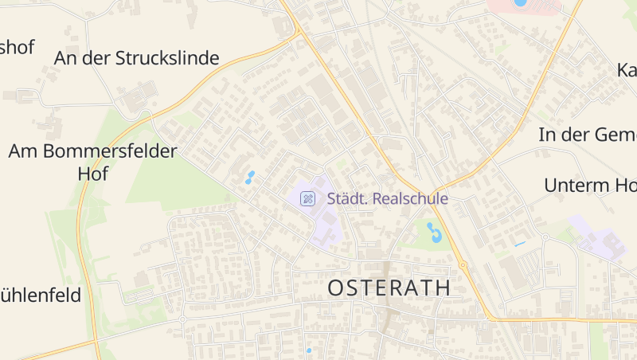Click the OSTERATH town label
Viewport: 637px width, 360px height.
pos(389,288)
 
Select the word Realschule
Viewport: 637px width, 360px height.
pos(410,199)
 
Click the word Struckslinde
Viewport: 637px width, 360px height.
pos(167,58)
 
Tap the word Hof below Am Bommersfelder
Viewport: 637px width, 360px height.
pos(92,174)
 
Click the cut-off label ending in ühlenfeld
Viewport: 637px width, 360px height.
pos(40,295)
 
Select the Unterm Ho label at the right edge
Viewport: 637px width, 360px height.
pos(590,186)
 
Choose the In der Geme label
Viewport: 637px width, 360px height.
pos(588,135)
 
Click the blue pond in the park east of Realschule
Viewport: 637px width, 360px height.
pos(434,233)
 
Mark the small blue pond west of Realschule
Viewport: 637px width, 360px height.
pos(250,177)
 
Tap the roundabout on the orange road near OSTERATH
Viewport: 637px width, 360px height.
pos(462,264)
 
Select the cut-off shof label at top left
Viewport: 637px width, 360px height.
pos(17,47)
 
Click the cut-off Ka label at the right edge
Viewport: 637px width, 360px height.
pos(627,70)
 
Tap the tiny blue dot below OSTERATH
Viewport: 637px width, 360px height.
pos(309,350)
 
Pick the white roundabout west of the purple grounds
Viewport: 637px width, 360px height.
pos(545,237)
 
